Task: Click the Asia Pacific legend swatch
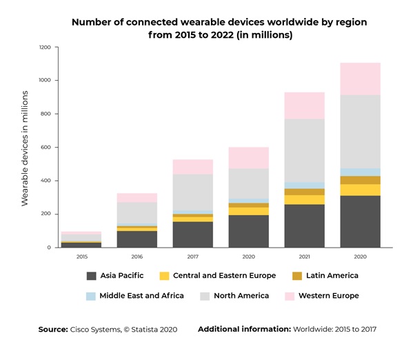[92, 276]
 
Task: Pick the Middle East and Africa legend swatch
[92, 296]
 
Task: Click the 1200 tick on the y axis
[45, 48]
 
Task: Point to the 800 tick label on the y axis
[46, 114]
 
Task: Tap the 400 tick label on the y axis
[46, 181]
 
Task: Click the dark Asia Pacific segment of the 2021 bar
[304, 226]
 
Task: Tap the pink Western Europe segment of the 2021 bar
[304, 106]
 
